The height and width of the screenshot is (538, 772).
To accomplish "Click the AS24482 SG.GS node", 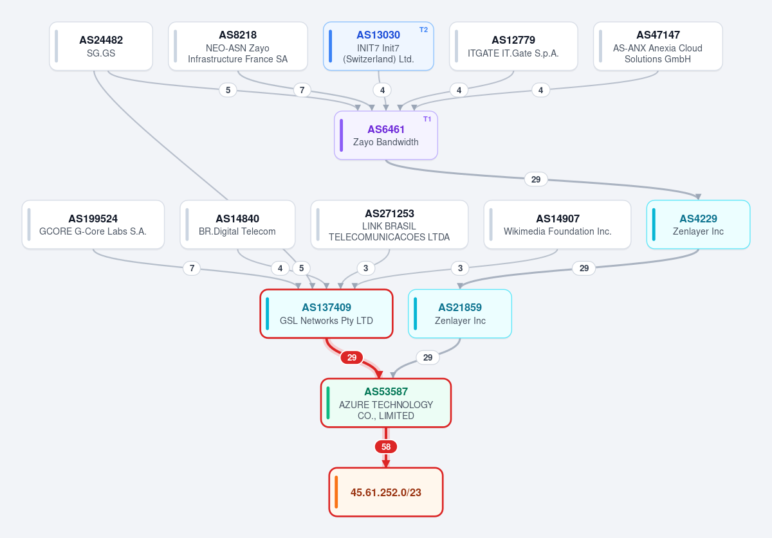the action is pos(101,46).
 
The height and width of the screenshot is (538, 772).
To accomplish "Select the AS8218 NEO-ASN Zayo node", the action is pos(238,46).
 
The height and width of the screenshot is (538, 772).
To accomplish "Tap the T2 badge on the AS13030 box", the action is pos(423,30).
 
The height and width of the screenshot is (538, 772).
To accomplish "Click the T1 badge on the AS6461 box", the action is pos(427,119).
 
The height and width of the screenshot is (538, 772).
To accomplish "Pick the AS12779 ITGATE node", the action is pos(513,46).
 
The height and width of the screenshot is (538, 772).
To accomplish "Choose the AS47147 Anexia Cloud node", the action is pos(658,46).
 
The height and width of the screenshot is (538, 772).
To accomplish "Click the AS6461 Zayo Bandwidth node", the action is pos(386,136).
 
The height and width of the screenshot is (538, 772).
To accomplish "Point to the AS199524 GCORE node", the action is pos(93,224).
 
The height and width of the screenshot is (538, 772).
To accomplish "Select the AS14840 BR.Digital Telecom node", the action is pos(237,224).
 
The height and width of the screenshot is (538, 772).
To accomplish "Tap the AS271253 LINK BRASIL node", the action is pos(389,224).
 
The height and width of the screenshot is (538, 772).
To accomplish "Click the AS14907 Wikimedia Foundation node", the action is pos(557,224).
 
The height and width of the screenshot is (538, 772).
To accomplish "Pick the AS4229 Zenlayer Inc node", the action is pos(698,224).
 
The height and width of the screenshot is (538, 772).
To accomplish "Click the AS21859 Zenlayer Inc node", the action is pos(460,314).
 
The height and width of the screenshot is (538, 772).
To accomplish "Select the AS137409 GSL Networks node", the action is pos(326,314).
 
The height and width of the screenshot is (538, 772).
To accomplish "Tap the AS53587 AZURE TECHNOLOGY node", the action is pos(386,403).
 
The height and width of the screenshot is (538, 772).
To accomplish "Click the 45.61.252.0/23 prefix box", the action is pos(386,492).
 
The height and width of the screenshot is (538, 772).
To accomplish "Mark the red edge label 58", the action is pos(386,447).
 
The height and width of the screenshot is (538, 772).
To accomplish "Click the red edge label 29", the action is pos(351,357).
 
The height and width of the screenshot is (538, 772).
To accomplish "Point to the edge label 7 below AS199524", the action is pos(192,268).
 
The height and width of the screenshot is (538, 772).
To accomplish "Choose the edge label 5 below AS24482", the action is pos(228,90).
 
